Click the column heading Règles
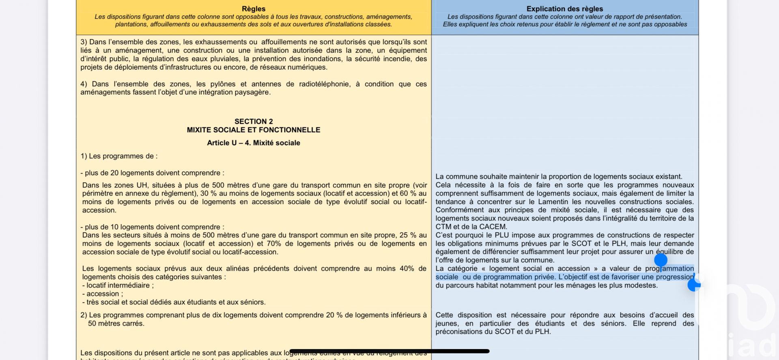(x=254, y=9)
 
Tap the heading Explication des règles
(x=564, y=9)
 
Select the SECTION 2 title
(x=254, y=121)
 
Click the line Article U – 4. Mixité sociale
(x=254, y=143)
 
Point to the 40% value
(x=407, y=269)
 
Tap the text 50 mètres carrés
(x=116, y=323)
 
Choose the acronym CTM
(x=443, y=227)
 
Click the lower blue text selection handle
(x=694, y=285)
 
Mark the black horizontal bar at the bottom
(x=389, y=351)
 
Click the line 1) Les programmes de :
(x=119, y=156)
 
